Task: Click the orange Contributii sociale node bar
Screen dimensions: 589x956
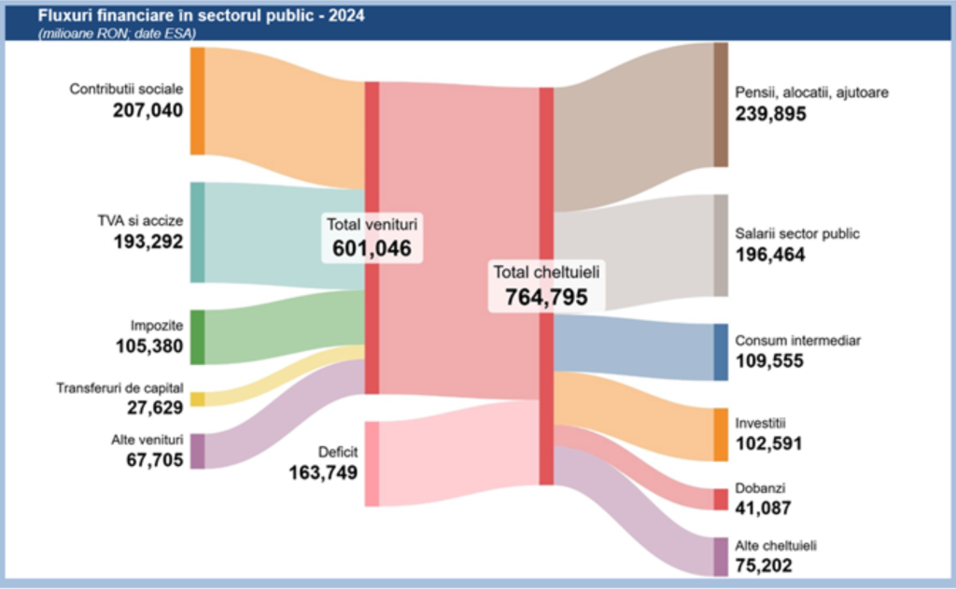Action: (x=197, y=101)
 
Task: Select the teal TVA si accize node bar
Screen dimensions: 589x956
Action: (x=197, y=232)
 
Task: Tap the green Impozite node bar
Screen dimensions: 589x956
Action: (x=197, y=337)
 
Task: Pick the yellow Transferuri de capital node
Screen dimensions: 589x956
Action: (x=197, y=400)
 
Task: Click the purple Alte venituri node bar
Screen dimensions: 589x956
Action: (x=197, y=451)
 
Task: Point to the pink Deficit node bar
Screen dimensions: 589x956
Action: (x=372, y=464)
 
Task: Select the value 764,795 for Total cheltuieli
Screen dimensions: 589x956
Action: (x=546, y=297)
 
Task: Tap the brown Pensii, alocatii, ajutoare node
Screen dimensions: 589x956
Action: (x=721, y=105)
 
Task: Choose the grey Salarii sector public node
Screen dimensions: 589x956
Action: (x=721, y=245)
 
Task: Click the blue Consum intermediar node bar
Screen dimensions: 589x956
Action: (x=721, y=352)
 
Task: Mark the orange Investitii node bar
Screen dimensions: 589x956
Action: (x=721, y=434)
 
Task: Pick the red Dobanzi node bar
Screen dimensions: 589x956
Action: (x=721, y=499)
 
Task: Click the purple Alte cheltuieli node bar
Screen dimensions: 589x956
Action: (x=721, y=556)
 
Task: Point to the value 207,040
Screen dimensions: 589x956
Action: (x=148, y=111)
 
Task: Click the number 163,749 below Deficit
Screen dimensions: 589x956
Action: (x=324, y=472)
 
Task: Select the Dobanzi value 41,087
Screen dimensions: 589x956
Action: (x=763, y=509)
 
